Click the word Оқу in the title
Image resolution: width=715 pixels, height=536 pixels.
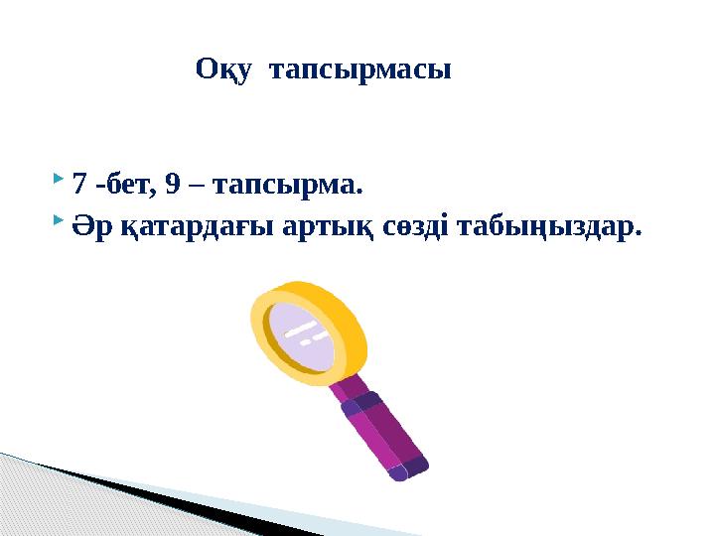coord(219,70)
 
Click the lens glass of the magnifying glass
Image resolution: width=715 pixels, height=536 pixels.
coord(304,334)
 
